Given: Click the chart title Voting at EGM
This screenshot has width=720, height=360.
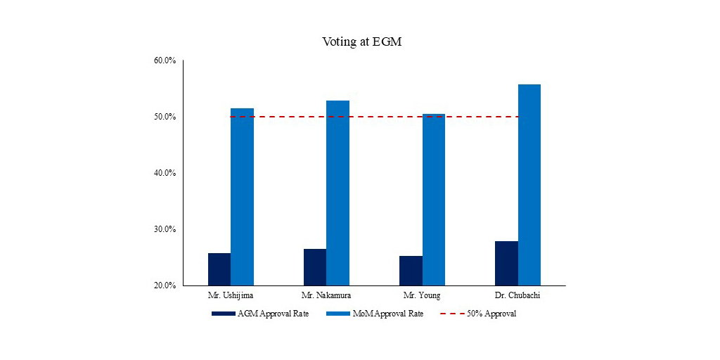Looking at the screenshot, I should (361, 41).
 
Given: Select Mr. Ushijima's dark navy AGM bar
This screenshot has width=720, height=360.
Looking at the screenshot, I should (219, 269).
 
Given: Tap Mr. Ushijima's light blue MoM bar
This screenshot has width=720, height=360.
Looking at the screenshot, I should (242, 197).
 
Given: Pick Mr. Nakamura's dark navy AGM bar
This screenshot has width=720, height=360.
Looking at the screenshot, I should (315, 267).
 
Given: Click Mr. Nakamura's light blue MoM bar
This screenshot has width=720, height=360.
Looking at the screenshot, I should (337, 193).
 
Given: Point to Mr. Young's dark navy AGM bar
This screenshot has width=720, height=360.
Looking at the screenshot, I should (411, 271).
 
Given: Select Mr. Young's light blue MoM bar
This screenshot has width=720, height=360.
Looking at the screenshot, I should (433, 200).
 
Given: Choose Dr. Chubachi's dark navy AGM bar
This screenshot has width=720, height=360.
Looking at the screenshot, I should (506, 263).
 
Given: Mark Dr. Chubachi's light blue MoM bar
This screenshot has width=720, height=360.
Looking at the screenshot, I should (529, 185).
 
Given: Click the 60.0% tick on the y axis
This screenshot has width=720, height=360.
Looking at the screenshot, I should (165, 60).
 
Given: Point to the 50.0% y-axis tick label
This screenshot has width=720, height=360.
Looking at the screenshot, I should (165, 117).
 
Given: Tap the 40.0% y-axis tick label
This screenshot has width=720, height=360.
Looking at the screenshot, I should (165, 173).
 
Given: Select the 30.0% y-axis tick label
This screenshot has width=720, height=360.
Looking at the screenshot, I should (165, 229).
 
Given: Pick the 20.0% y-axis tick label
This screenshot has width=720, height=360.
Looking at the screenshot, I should (165, 285).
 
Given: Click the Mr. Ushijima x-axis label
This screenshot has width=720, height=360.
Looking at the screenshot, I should (231, 295).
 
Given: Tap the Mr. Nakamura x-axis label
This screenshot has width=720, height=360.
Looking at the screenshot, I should (326, 295).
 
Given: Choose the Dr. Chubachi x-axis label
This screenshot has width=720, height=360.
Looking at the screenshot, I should (517, 295).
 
